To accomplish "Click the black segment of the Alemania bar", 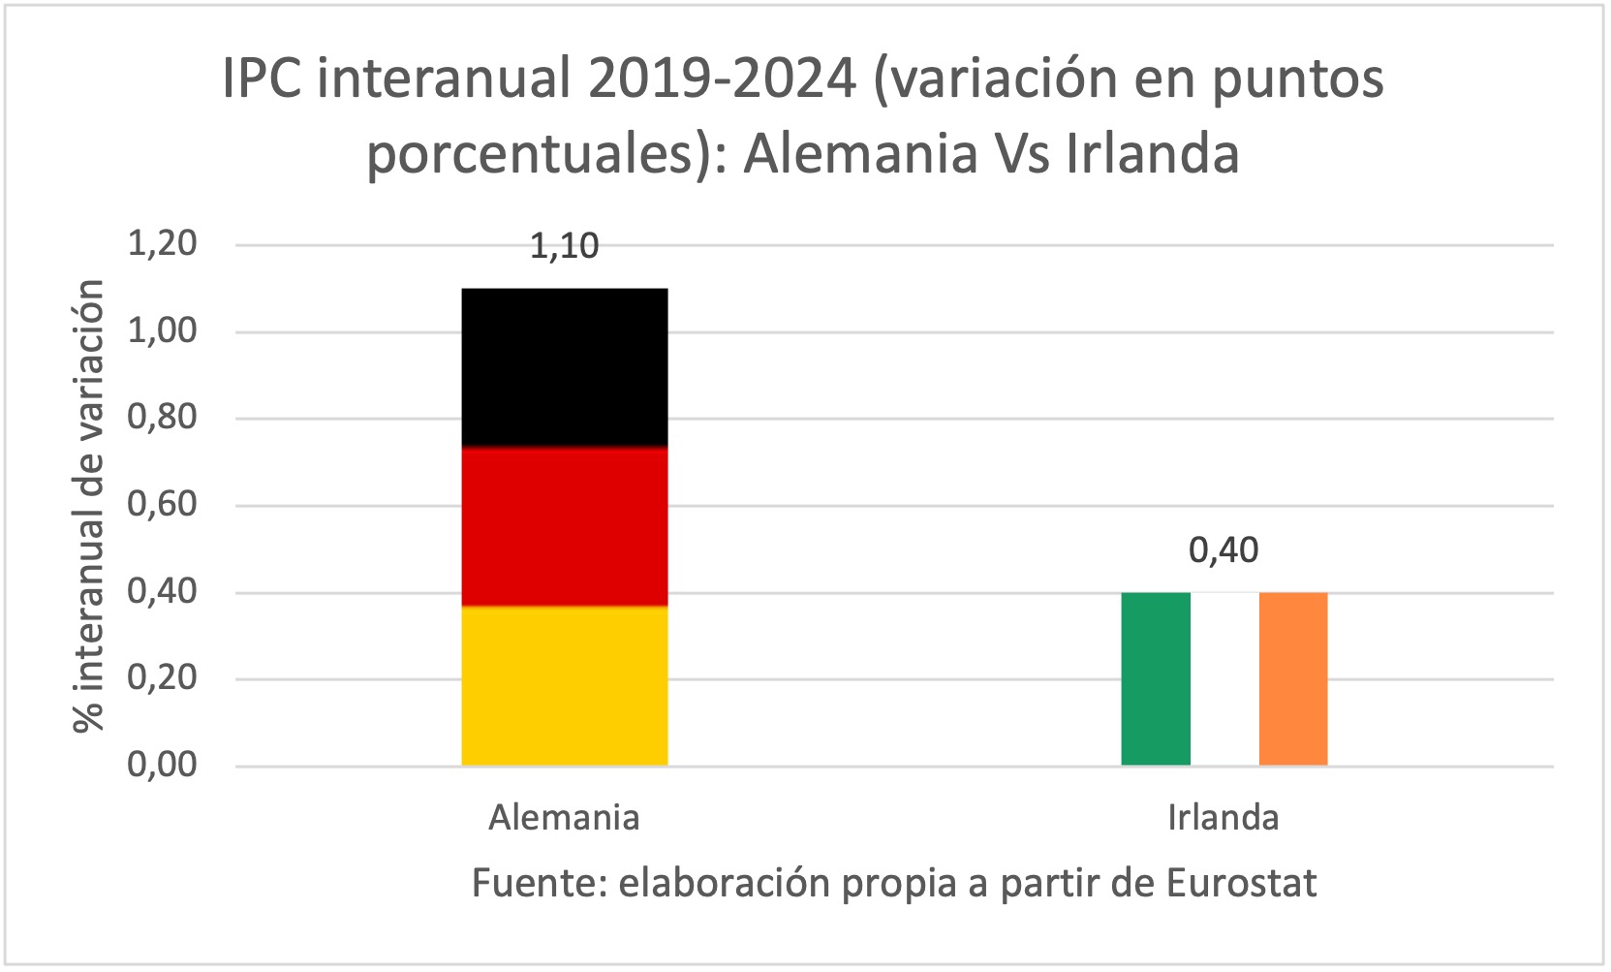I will pos(564,367).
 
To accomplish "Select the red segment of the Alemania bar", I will pos(564,526).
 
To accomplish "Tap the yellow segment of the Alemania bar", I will pos(564,686).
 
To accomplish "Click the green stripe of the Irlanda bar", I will pos(1155,678).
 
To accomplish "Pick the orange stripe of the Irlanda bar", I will pos(1292,678).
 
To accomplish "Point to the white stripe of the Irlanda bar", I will pos(1224,678).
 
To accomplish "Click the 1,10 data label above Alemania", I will pos(564,246).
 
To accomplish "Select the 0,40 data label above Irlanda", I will pos(1224,550).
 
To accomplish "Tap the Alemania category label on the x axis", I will pos(564,818).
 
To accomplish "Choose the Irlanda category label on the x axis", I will pos(1223,818).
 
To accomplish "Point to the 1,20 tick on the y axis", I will pos(162,243).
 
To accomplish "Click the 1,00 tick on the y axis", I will pos(162,330).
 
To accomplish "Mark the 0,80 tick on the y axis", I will pos(162,417).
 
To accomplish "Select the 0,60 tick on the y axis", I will pos(162,504).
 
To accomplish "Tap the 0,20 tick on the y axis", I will pos(162,677).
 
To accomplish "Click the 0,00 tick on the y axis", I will pos(162,765).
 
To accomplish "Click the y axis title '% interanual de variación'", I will pos(89,505).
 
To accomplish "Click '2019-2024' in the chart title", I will pos(722,78).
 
